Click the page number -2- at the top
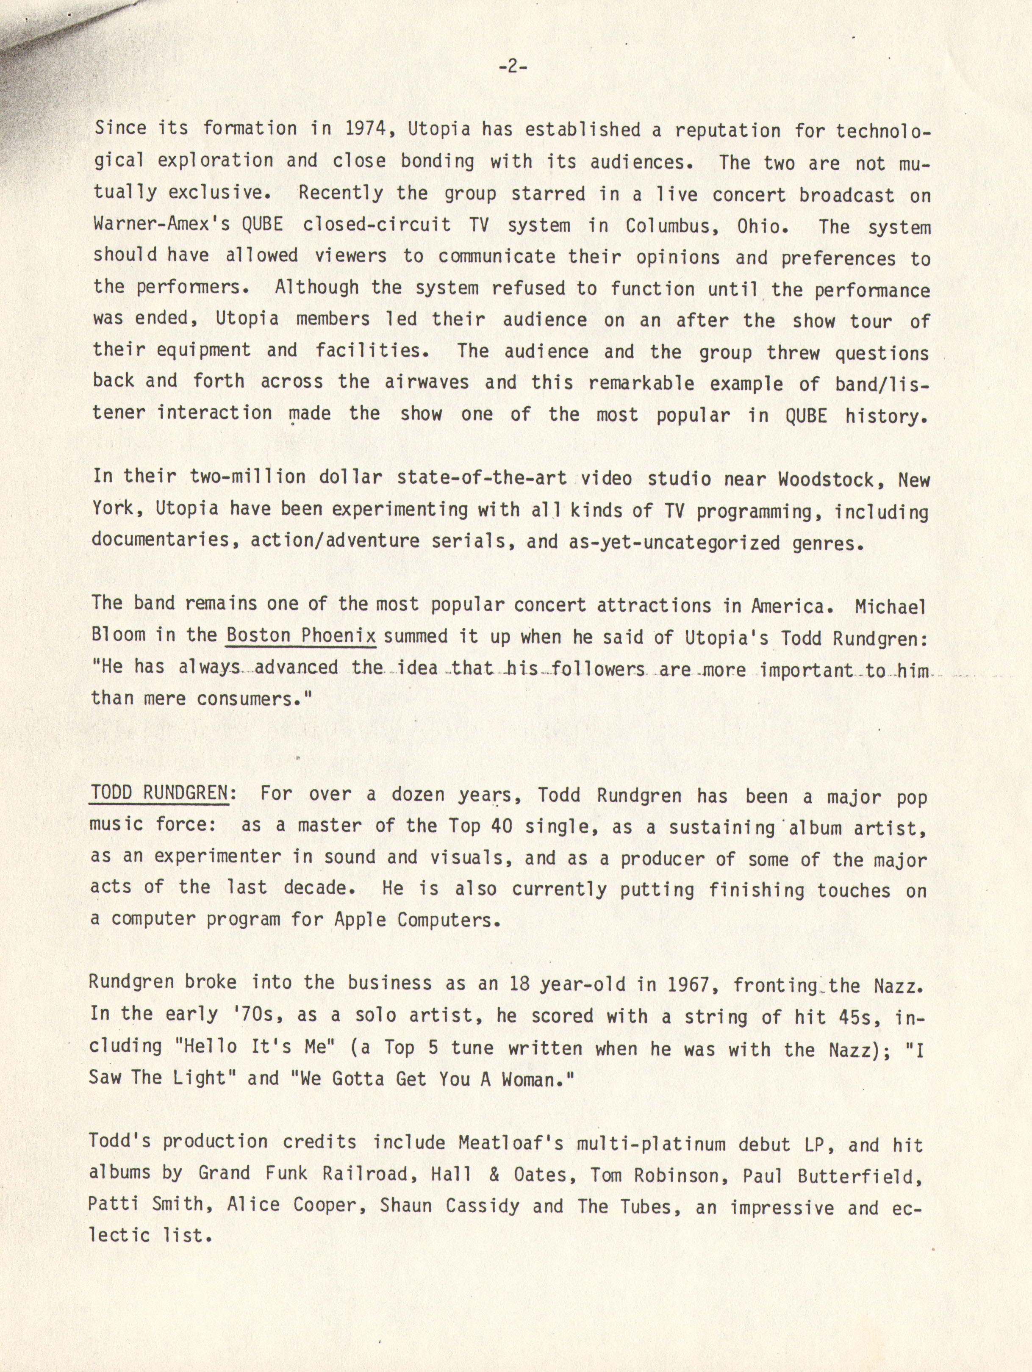tap(512, 67)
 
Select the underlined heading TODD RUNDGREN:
tap(159, 793)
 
